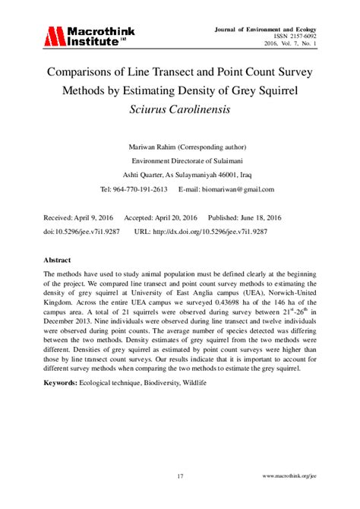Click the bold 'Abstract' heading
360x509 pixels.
tap(58, 259)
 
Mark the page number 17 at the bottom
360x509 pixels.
tap(180, 476)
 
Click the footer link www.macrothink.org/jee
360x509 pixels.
tap(289, 476)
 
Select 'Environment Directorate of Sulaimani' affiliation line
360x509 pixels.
tap(180, 161)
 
